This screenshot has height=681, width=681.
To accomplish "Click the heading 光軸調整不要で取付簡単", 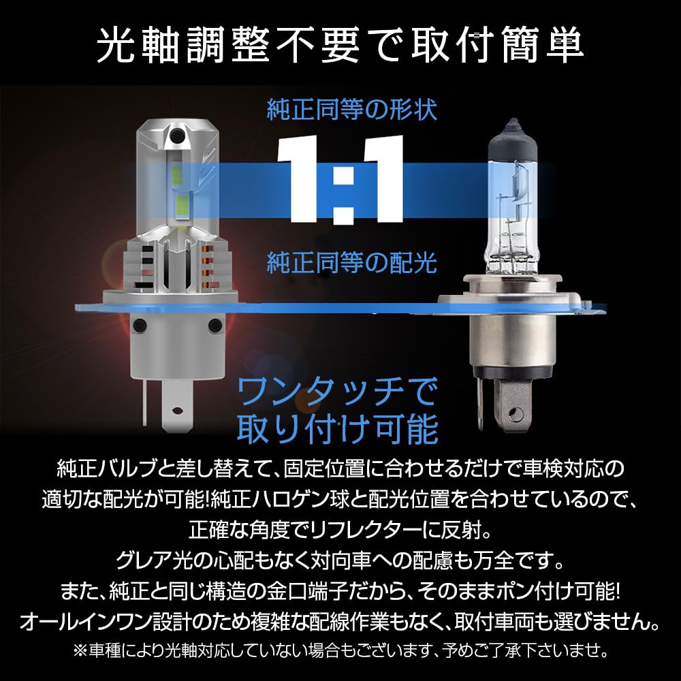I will tap(340, 46).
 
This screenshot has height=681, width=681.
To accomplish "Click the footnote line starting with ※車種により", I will tap(340, 650).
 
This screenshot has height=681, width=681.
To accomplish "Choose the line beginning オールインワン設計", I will tap(340, 622).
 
